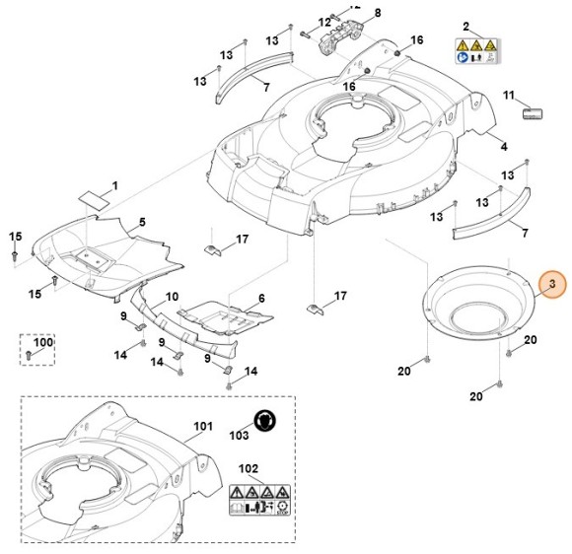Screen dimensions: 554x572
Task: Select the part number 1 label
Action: (x=114, y=185)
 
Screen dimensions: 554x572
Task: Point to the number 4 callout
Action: (x=503, y=147)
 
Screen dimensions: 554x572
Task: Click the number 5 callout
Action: (x=141, y=223)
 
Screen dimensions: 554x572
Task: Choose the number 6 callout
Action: (x=260, y=298)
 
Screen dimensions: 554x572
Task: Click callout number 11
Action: (x=509, y=95)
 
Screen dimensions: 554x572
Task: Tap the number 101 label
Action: (x=202, y=426)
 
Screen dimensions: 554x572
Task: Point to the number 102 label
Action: (x=249, y=468)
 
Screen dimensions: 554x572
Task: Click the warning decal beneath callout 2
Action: (x=475, y=51)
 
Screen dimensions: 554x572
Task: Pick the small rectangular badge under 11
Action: (x=533, y=114)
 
